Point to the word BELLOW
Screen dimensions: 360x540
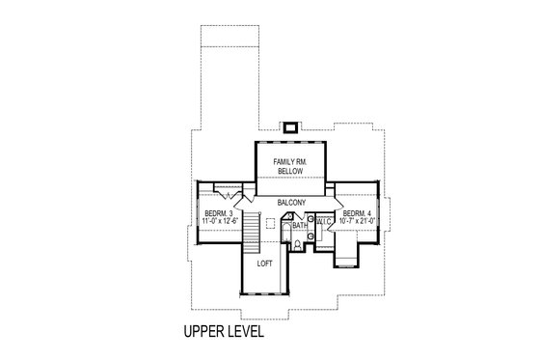tap(290, 170)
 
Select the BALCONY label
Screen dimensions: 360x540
tap(292, 203)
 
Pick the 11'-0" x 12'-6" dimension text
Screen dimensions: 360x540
tap(219, 221)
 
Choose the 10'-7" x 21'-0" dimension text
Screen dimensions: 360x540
tap(358, 221)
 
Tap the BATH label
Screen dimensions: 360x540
tap(300, 226)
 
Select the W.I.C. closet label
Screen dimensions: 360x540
tap(324, 222)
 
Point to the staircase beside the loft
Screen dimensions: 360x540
tap(248, 233)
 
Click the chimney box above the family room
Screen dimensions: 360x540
tap(290, 125)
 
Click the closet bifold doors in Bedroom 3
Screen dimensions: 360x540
tap(228, 191)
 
